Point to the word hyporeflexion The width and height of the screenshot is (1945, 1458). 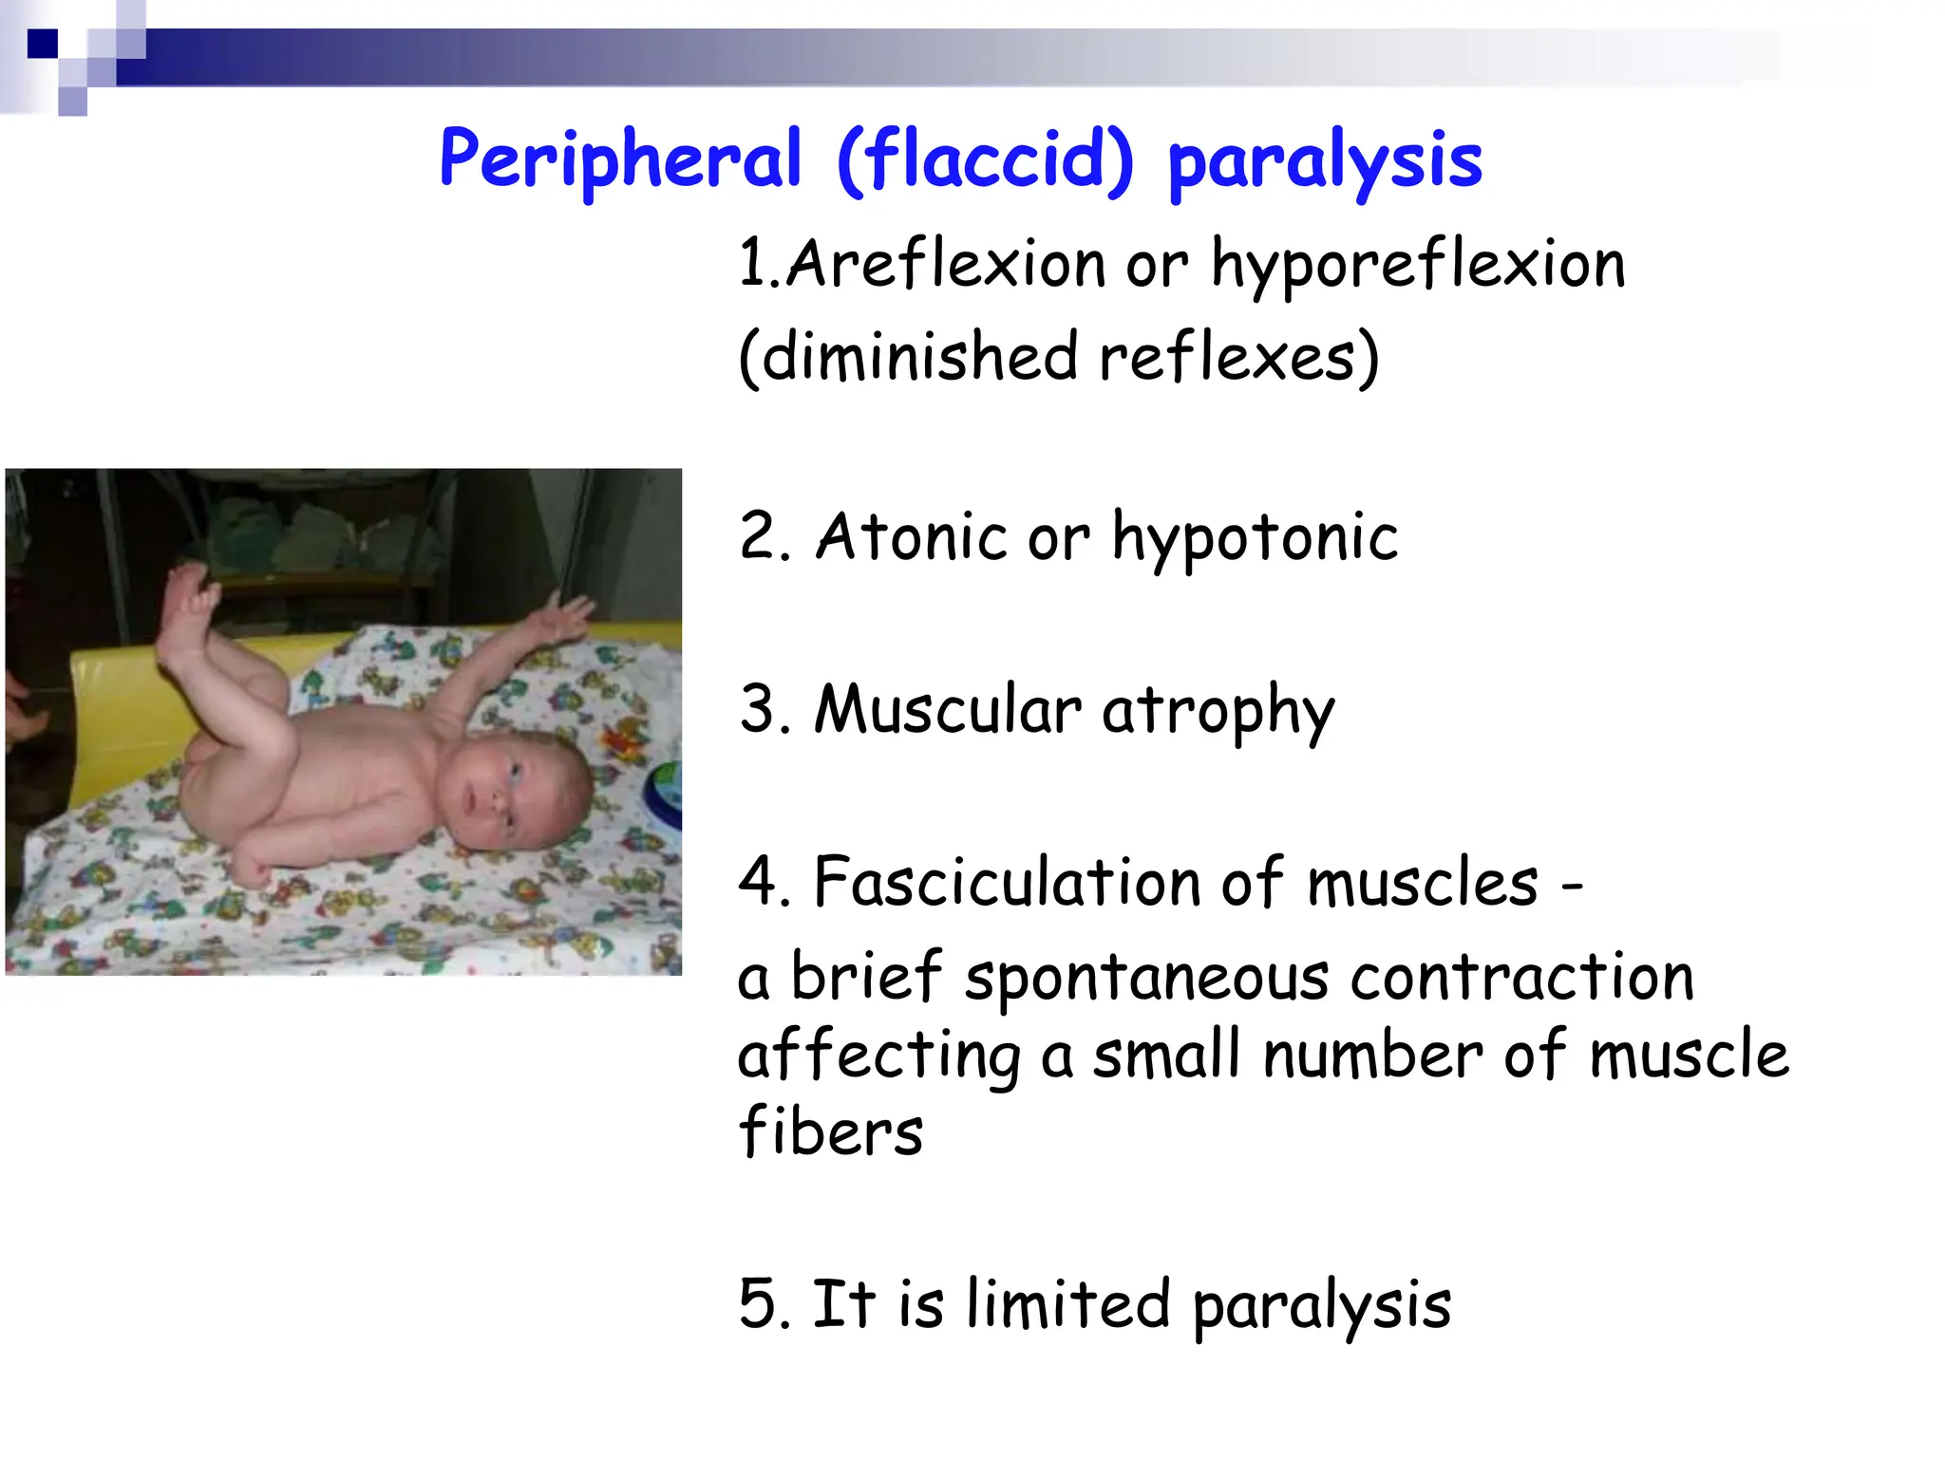[x=1418, y=266]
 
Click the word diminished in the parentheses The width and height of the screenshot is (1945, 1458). [x=919, y=357]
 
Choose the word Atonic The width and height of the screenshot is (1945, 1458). [x=911, y=536]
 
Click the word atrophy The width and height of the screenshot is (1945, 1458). [x=1218, y=712]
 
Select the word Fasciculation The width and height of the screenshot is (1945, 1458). [x=1007, y=882]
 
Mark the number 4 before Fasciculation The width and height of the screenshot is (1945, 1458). [x=760, y=882]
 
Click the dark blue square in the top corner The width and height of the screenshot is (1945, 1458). [x=43, y=44]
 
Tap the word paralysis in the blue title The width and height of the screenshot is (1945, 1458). [x=1325, y=163]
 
